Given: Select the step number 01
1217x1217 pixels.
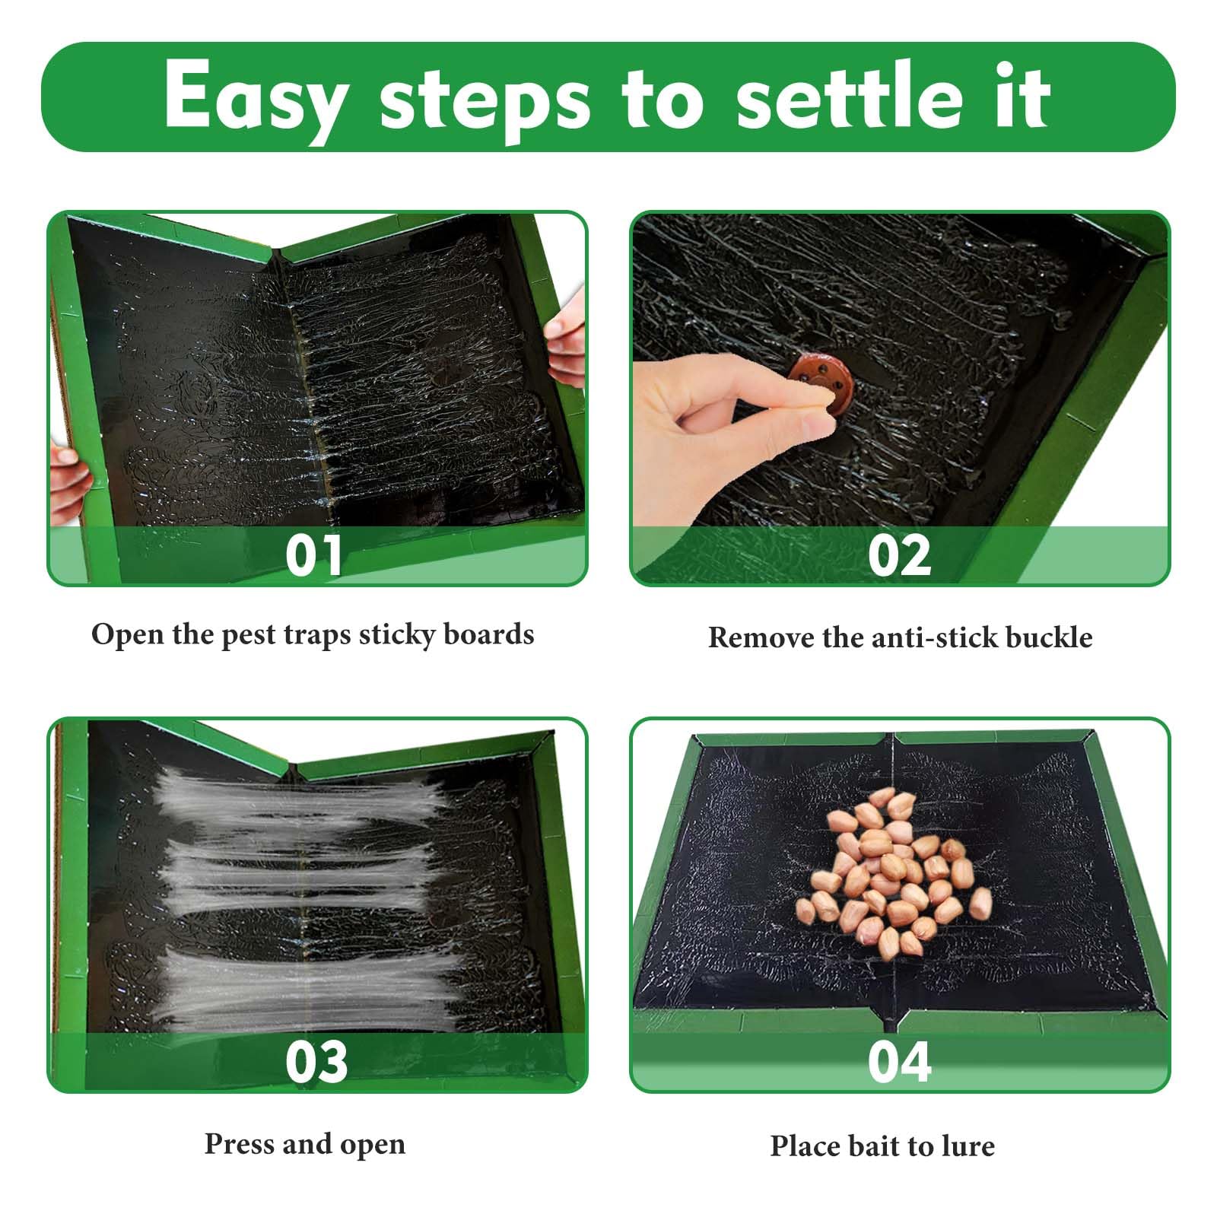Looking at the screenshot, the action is click(x=314, y=555).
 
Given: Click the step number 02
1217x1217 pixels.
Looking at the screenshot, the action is click(x=899, y=555).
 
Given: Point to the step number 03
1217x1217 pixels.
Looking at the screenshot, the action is click(x=316, y=1062).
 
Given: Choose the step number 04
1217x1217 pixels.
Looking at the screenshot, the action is click(x=899, y=1062).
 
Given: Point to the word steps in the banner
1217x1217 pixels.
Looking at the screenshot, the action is click(x=485, y=103).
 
